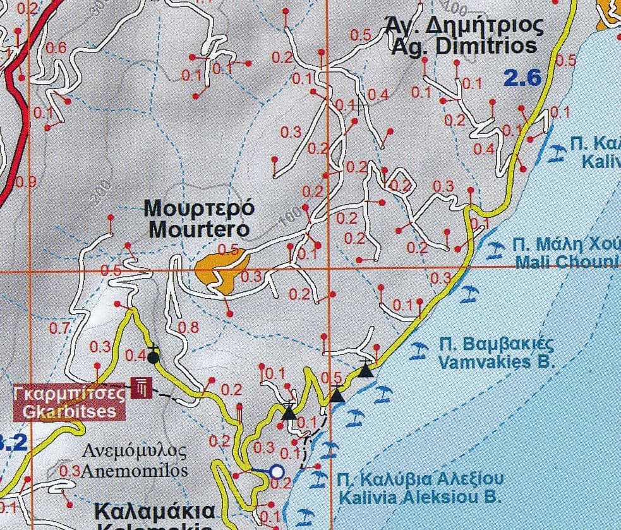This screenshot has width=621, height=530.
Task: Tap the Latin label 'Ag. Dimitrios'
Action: (x=464, y=46)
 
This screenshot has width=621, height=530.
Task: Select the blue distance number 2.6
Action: (x=522, y=78)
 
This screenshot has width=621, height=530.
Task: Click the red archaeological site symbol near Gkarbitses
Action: (x=140, y=387)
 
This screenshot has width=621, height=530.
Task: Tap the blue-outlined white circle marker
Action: (x=277, y=471)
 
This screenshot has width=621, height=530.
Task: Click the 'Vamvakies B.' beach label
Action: (x=496, y=363)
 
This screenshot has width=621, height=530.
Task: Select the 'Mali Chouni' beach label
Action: (x=565, y=262)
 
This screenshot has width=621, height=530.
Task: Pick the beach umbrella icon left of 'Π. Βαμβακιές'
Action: (x=418, y=349)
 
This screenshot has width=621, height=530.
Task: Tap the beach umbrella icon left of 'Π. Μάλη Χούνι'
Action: (x=496, y=251)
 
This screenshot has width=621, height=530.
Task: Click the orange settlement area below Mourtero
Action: (x=218, y=272)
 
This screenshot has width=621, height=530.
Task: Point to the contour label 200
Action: (x=102, y=193)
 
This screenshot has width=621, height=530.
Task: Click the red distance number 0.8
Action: (x=189, y=327)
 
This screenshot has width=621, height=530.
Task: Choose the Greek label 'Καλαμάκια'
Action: (x=155, y=510)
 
